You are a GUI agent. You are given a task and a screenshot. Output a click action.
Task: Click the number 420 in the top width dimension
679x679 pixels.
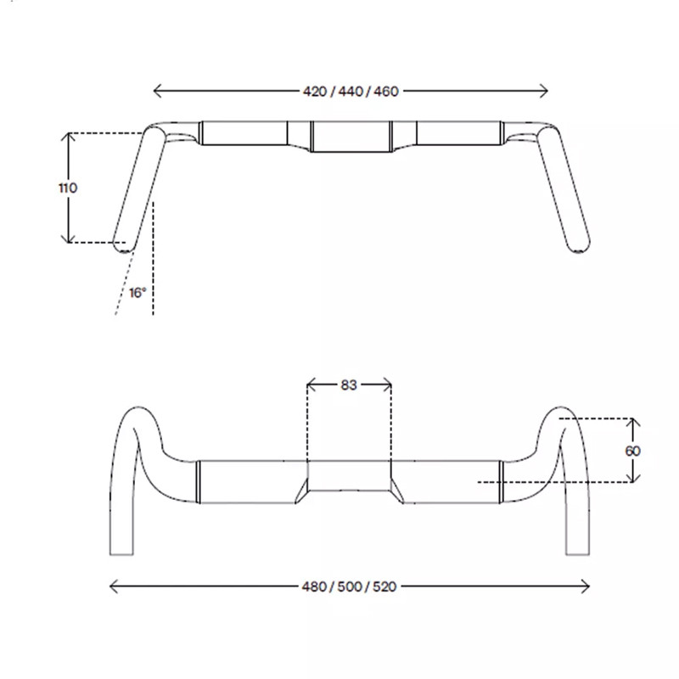314,92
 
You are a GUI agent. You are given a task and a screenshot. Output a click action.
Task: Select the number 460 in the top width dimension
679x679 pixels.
386,92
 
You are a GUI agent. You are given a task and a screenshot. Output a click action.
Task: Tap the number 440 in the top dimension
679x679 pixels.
351,92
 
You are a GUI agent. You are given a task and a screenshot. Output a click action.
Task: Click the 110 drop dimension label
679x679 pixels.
68,188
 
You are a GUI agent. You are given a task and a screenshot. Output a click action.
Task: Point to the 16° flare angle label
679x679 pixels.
137,293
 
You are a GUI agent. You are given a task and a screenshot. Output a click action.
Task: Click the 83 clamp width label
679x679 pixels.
349,385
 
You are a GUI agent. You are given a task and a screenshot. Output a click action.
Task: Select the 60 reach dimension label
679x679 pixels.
632,452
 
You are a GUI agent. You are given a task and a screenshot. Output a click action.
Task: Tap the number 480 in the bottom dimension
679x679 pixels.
314,586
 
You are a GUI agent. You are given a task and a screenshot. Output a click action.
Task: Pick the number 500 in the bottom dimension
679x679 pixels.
350,586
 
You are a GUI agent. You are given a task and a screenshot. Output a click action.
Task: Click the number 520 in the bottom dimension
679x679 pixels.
384,586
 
